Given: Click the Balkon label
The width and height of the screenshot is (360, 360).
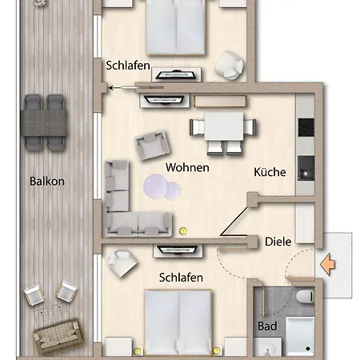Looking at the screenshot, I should point(46,181).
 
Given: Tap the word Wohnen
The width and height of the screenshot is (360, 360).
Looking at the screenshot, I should point(187,167).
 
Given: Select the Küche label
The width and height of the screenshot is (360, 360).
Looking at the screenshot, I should point(270,171).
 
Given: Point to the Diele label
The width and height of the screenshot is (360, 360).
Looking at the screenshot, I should point(278,240).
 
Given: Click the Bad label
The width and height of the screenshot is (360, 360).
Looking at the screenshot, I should point(267,326).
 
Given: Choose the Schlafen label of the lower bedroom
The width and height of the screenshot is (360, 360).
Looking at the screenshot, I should point(181,277).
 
